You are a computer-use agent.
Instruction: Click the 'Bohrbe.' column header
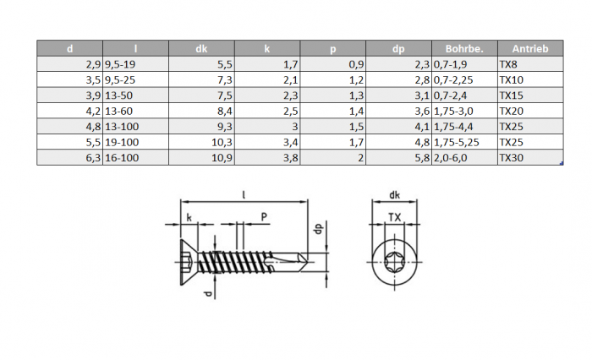(x=464, y=49)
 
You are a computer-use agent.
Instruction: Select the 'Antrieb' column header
(x=530, y=49)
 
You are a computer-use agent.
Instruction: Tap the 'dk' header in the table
(x=201, y=49)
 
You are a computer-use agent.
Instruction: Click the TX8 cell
(x=508, y=64)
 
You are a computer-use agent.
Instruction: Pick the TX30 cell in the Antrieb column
(x=511, y=158)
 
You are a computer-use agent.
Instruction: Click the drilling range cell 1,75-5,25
(x=456, y=142)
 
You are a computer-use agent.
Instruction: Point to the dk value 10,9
(x=222, y=158)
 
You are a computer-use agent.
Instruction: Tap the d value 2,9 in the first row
(x=93, y=64)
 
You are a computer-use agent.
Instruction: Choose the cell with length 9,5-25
(x=120, y=80)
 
